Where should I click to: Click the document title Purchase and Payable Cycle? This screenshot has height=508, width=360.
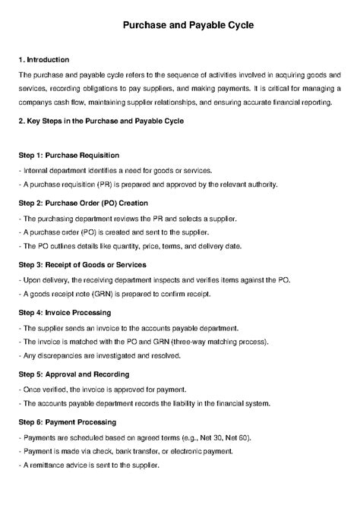(x=179, y=26)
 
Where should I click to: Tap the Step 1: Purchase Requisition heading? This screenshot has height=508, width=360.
(x=68, y=155)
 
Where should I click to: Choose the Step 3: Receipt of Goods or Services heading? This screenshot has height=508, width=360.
(x=83, y=265)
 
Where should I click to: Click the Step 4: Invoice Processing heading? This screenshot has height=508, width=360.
(x=65, y=312)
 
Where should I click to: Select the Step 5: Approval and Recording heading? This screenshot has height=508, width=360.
(x=74, y=374)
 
